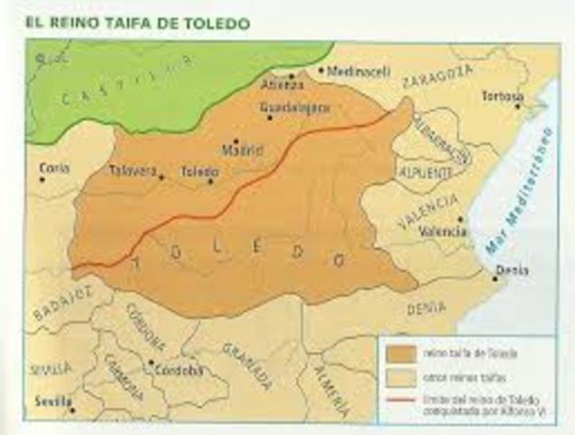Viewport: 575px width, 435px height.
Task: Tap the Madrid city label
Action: [242, 150]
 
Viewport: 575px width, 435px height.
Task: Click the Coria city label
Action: [54, 168]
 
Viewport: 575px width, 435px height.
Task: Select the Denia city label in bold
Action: [513, 270]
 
